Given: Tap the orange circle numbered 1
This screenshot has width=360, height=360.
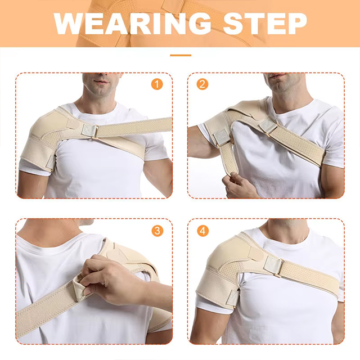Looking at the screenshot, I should click(x=157, y=85).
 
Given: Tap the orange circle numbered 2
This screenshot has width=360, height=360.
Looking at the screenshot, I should click(x=202, y=85).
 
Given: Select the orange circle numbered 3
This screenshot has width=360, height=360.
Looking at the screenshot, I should click(x=157, y=231).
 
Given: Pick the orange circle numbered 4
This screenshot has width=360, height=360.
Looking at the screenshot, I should click(x=202, y=231).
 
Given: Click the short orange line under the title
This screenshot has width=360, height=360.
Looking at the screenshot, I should click(x=180, y=55).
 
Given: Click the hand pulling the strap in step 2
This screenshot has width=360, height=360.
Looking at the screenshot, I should click(x=239, y=183).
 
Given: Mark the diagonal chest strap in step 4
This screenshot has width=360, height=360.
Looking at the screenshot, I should click(x=309, y=276).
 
